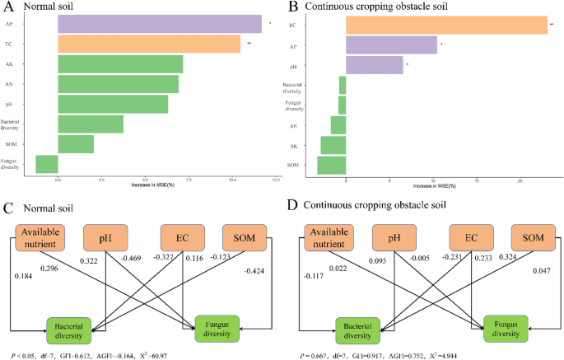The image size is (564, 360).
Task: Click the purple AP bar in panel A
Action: point(159,24)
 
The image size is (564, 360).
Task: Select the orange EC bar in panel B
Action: point(446,25)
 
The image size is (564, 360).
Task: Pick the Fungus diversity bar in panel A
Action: point(47,163)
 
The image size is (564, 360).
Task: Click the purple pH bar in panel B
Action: point(375,64)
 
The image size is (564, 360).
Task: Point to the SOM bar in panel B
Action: point(332,165)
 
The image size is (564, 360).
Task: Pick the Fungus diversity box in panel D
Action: point(505,328)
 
